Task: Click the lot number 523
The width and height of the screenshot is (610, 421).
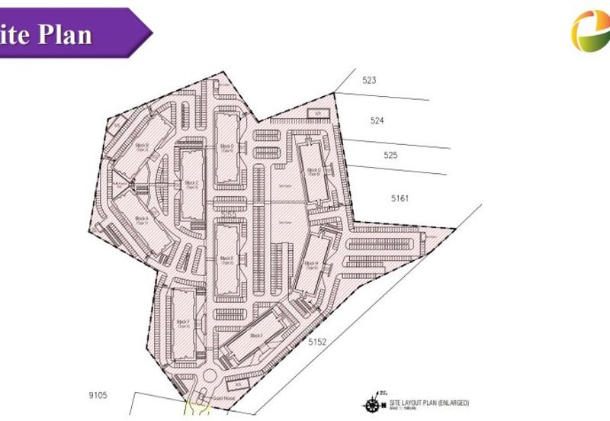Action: click(370, 80)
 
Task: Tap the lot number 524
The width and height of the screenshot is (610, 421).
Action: click(377, 121)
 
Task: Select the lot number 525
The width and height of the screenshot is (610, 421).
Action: click(391, 155)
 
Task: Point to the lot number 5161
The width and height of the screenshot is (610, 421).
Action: click(400, 198)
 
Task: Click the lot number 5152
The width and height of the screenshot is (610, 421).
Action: click(317, 343)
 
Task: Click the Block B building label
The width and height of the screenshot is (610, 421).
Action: click(141, 145)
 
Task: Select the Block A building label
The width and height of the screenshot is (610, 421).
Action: click(140, 220)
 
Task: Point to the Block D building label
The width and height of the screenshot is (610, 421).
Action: click(226, 147)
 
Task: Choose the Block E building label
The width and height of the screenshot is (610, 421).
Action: click(226, 260)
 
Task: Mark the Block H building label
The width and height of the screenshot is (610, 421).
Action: click(310, 265)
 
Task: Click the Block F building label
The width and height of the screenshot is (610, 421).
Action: click(182, 324)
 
